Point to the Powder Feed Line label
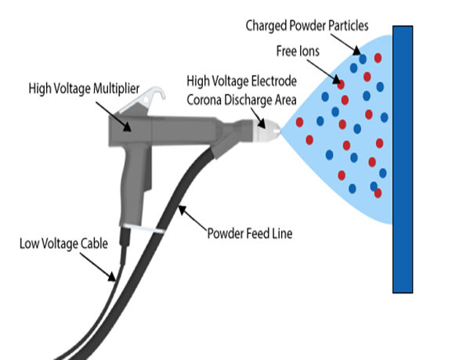[x=250, y=232]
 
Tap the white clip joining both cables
[x=155, y=232]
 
